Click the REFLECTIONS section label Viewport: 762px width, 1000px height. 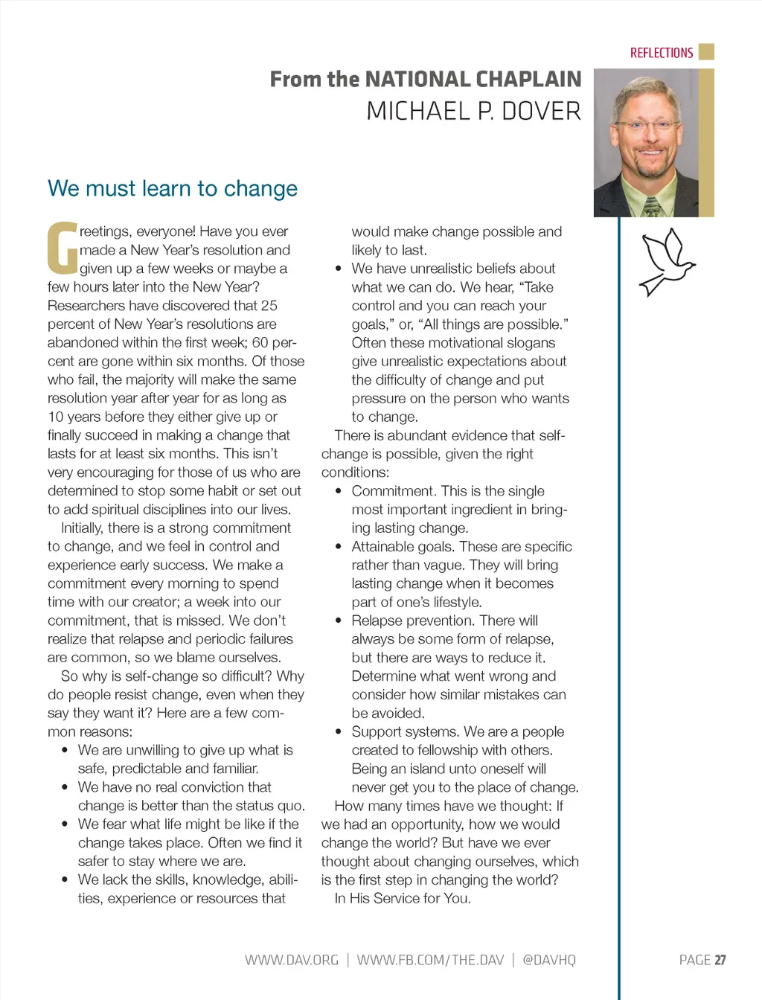[661, 53]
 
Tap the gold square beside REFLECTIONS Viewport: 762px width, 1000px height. [707, 51]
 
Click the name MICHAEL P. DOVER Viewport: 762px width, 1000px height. [473, 112]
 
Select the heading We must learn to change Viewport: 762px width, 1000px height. [173, 188]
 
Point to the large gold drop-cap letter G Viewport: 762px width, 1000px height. [63, 248]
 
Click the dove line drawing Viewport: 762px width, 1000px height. [665, 262]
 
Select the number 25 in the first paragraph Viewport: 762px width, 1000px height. [269, 306]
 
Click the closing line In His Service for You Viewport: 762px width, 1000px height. [403, 899]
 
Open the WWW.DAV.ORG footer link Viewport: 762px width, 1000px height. [292, 960]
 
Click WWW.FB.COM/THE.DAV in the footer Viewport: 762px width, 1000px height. [430, 960]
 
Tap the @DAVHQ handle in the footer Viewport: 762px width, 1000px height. [549, 960]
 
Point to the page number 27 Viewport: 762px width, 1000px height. [720, 960]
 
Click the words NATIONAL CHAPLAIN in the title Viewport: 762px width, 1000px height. [473, 79]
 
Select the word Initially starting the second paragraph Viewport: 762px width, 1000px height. [81, 528]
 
